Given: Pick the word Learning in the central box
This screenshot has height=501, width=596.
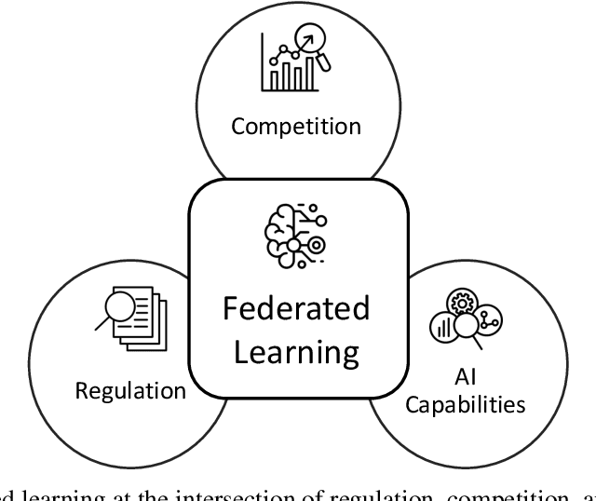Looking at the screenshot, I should pos(297,352).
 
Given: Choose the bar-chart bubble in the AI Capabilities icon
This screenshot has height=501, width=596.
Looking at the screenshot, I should pos(443,327).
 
